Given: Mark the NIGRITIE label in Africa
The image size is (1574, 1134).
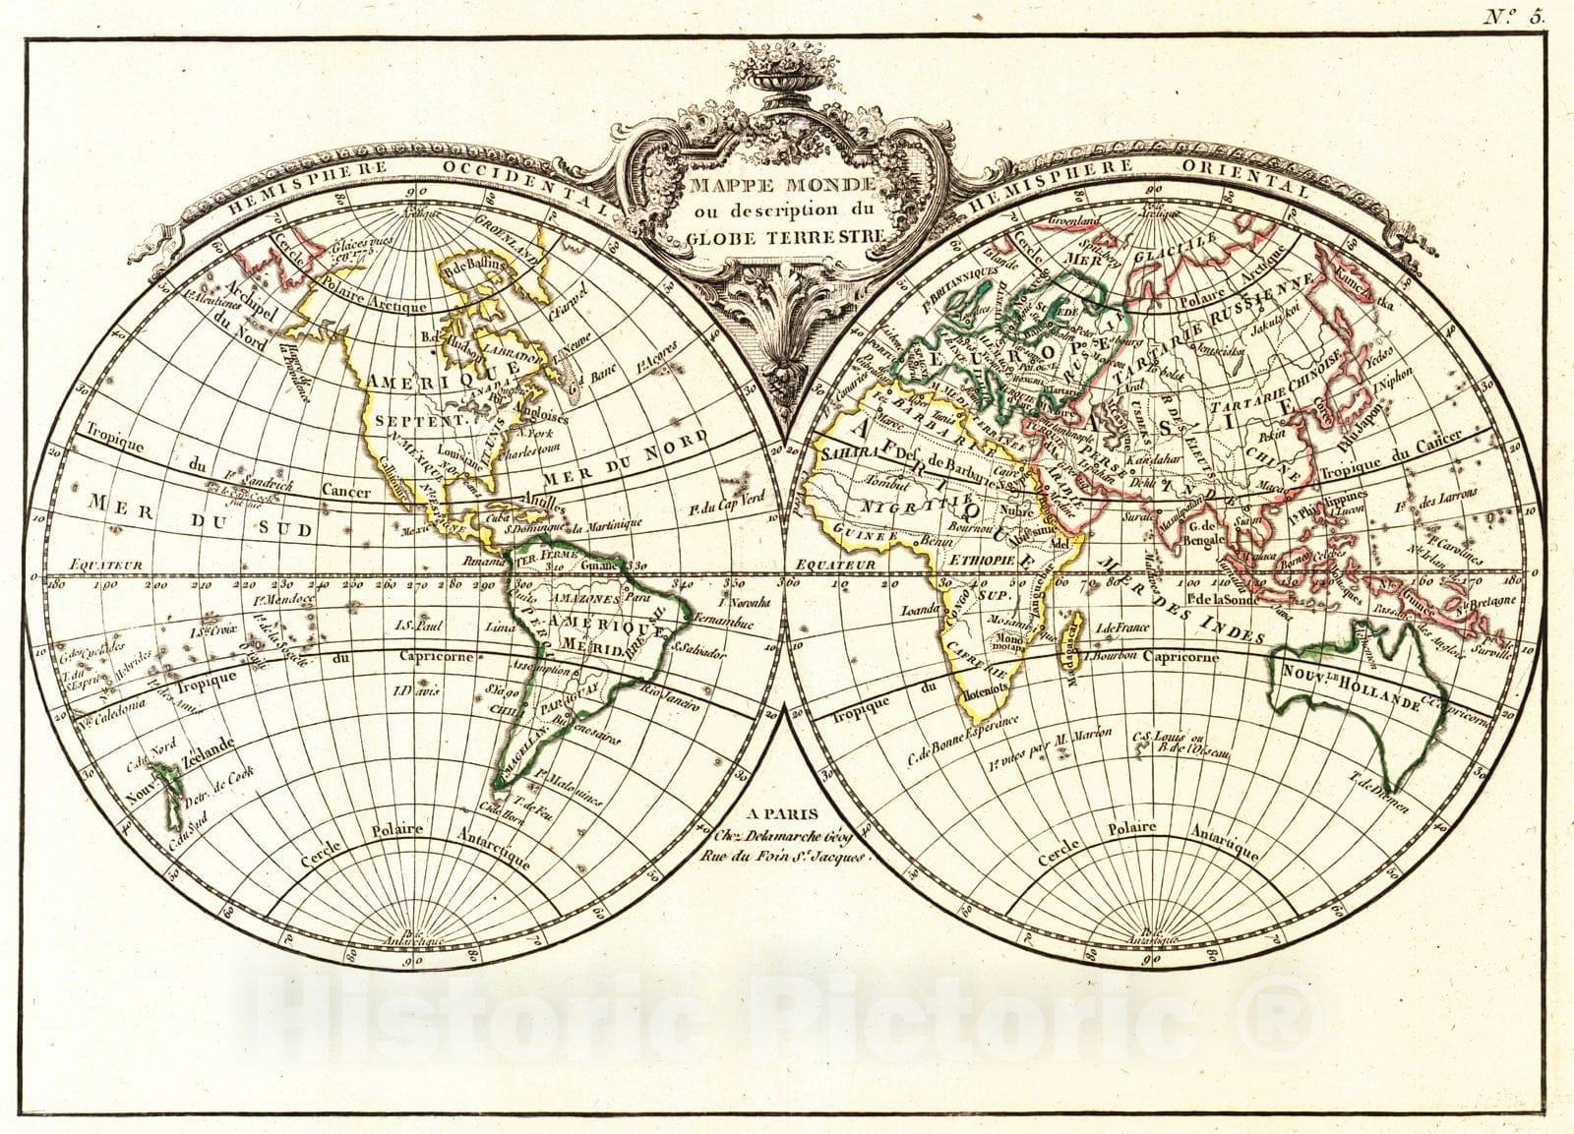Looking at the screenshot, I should coord(895,506).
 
